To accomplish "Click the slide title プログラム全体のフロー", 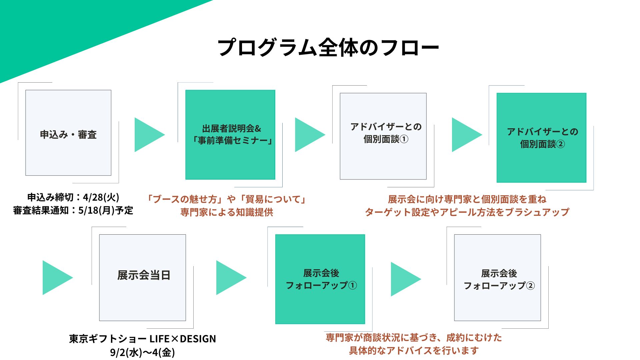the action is (328, 48).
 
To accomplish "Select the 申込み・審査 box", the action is (68, 133).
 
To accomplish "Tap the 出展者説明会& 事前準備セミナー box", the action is (230, 135).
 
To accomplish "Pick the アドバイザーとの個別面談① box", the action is (383, 136).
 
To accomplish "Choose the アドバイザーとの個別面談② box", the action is (542, 138).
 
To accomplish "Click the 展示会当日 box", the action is (143, 278).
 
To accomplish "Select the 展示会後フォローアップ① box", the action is (320, 279).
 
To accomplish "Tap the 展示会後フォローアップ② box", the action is (498, 278).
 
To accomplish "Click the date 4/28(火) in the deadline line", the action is (101, 197).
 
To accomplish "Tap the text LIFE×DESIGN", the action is (183, 339).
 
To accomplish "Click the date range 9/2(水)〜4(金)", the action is (143, 352).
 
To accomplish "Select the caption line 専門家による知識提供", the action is (227, 212).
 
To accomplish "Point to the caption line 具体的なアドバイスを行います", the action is (414, 351).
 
